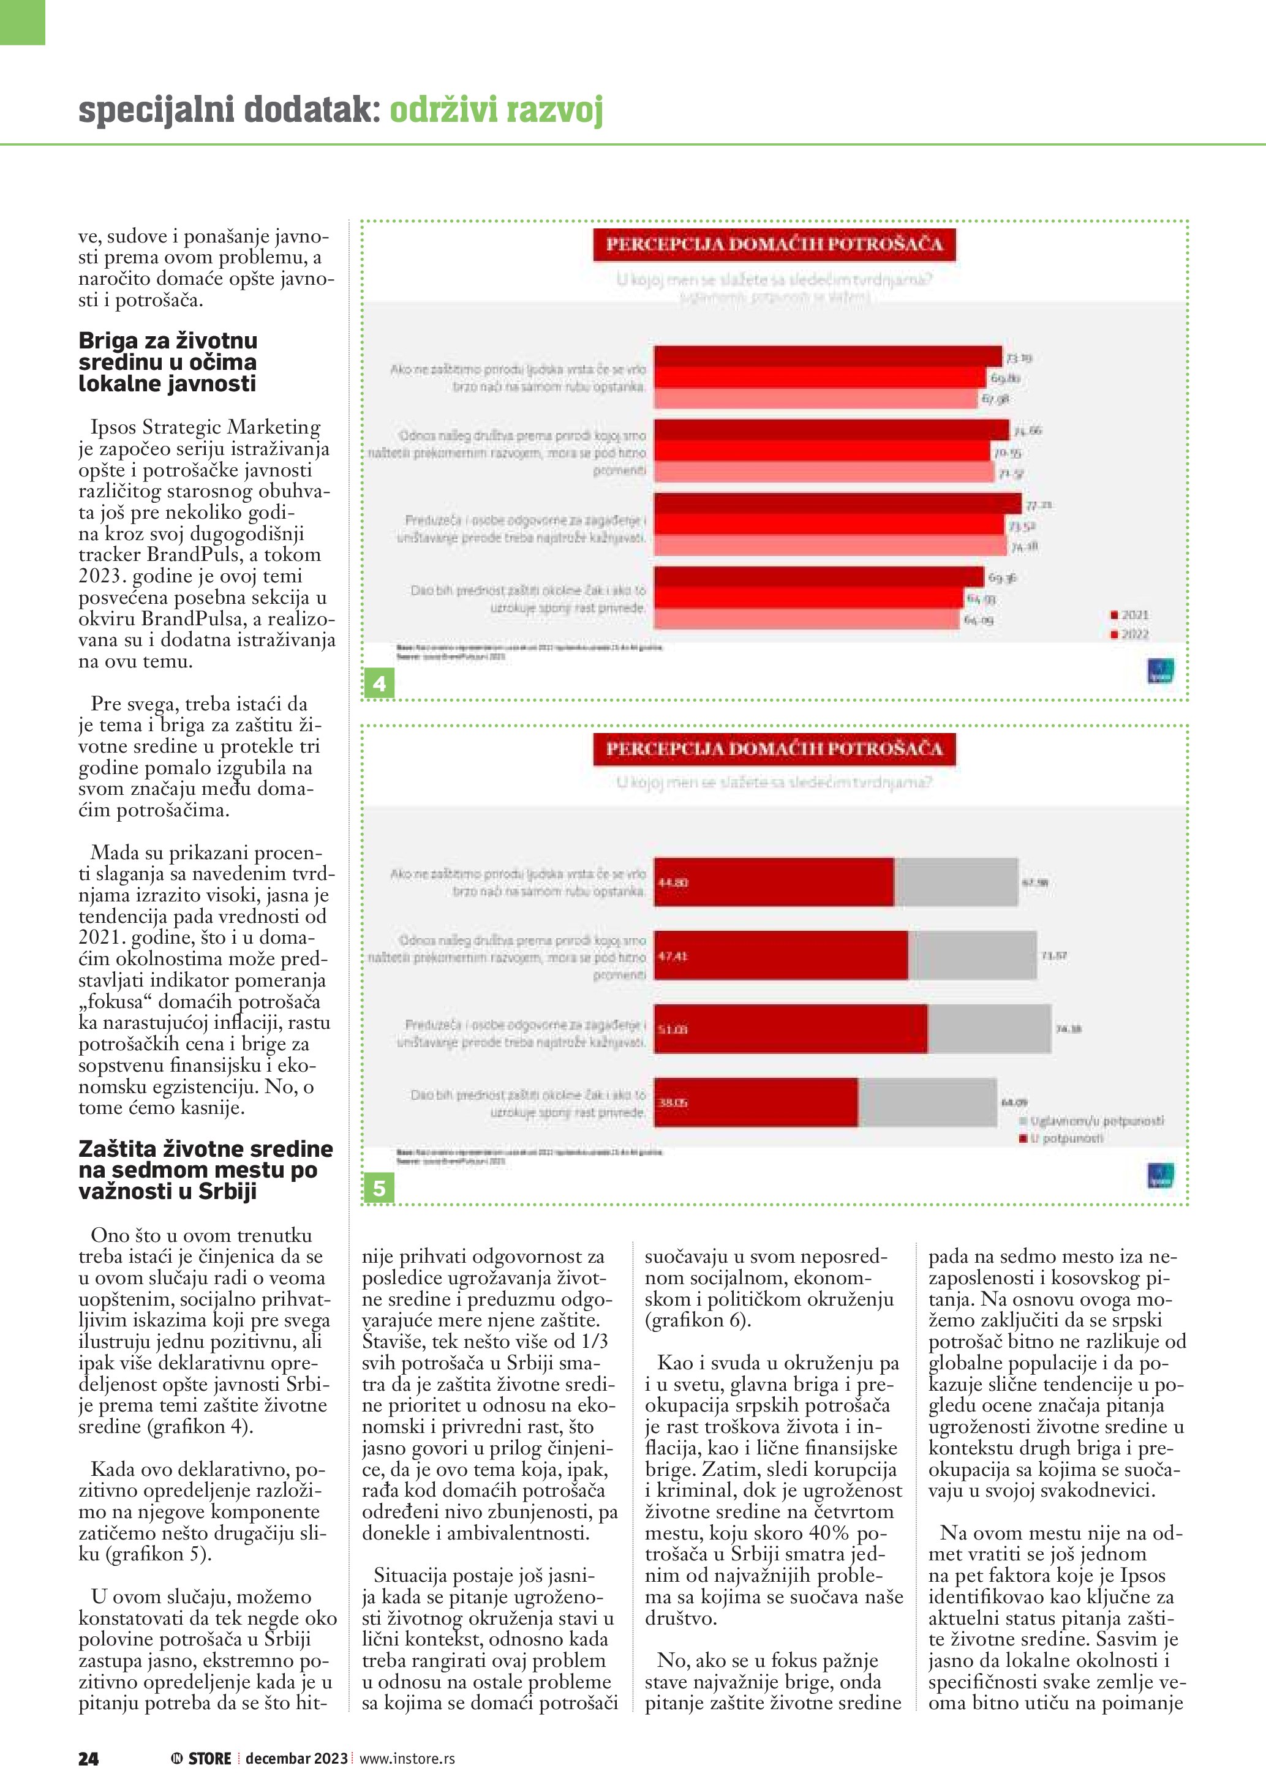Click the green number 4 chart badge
(x=379, y=683)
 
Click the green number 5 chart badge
(x=379, y=1188)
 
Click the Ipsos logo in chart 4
(x=1160, y=672)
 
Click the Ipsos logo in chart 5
(x=1160, y=1176)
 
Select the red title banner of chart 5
(x=774, y=749)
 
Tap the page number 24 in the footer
(x=88, y=1758)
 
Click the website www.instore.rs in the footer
(x=407, y=1758)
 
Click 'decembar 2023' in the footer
(x=296, y=1758)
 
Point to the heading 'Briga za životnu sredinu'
(x=168, y=362)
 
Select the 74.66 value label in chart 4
(x=1028, y=431)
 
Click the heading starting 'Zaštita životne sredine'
(x=205, y=1170)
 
